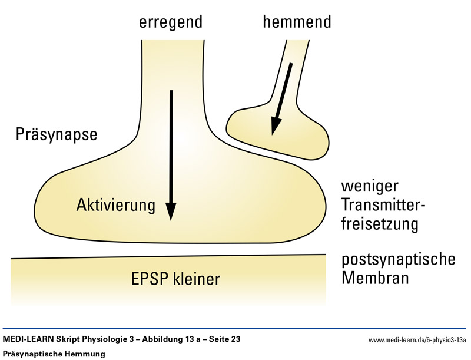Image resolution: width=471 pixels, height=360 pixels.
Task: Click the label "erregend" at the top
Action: click(171, 22)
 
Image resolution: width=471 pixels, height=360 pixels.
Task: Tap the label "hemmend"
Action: click(297, 22)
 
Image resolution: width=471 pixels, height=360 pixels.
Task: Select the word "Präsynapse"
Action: click(56, 135)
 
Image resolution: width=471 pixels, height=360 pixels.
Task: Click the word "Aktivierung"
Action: click(115, 205)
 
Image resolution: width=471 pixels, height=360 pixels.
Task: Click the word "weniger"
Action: click(370, 187)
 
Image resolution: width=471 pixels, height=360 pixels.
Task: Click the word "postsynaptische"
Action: click(399, 259)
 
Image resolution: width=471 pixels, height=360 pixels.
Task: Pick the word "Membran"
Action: click(375, 278)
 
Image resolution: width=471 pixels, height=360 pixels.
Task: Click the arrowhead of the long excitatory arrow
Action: click(171, 210)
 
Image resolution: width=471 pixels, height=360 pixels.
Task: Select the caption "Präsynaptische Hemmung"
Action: click(54, 354)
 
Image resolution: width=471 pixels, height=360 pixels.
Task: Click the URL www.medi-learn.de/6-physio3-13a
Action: click(417, 341)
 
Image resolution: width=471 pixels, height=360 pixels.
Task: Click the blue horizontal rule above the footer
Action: click(235, 329)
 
